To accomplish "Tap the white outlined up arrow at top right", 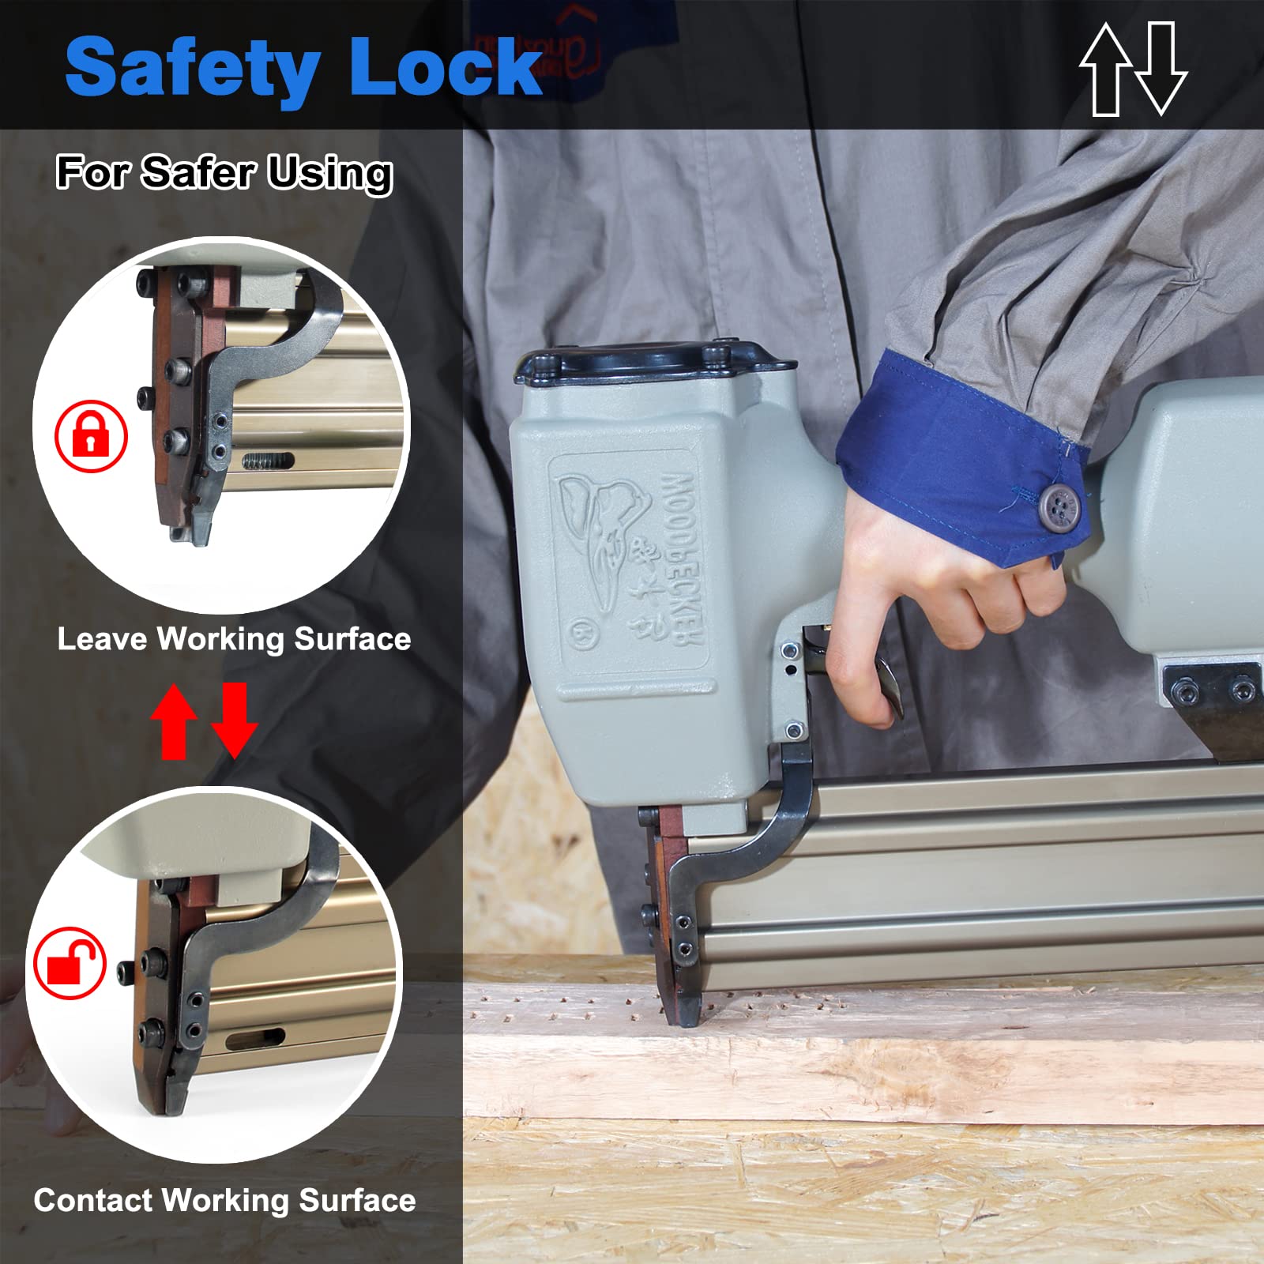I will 1106,70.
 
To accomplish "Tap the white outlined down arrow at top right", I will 1161,70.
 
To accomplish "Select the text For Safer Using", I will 224,172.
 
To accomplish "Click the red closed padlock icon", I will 91,436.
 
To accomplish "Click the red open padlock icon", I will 70,963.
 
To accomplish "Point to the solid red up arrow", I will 175,720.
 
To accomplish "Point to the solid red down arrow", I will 235,720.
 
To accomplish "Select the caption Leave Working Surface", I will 234,638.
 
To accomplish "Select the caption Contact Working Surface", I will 224,1200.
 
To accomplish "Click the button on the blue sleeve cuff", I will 1058,504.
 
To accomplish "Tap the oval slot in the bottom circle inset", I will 254,1040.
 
